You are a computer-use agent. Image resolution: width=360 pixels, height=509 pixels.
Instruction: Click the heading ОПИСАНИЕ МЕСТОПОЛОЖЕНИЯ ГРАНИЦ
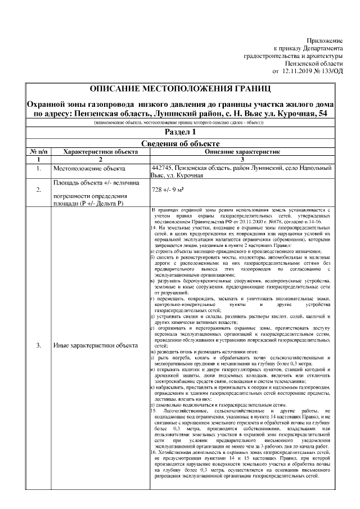coord(180,89)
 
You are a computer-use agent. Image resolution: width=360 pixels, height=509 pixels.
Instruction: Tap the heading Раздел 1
coord(180,132)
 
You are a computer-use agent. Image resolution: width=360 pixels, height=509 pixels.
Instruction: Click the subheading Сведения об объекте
coord(180,143)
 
